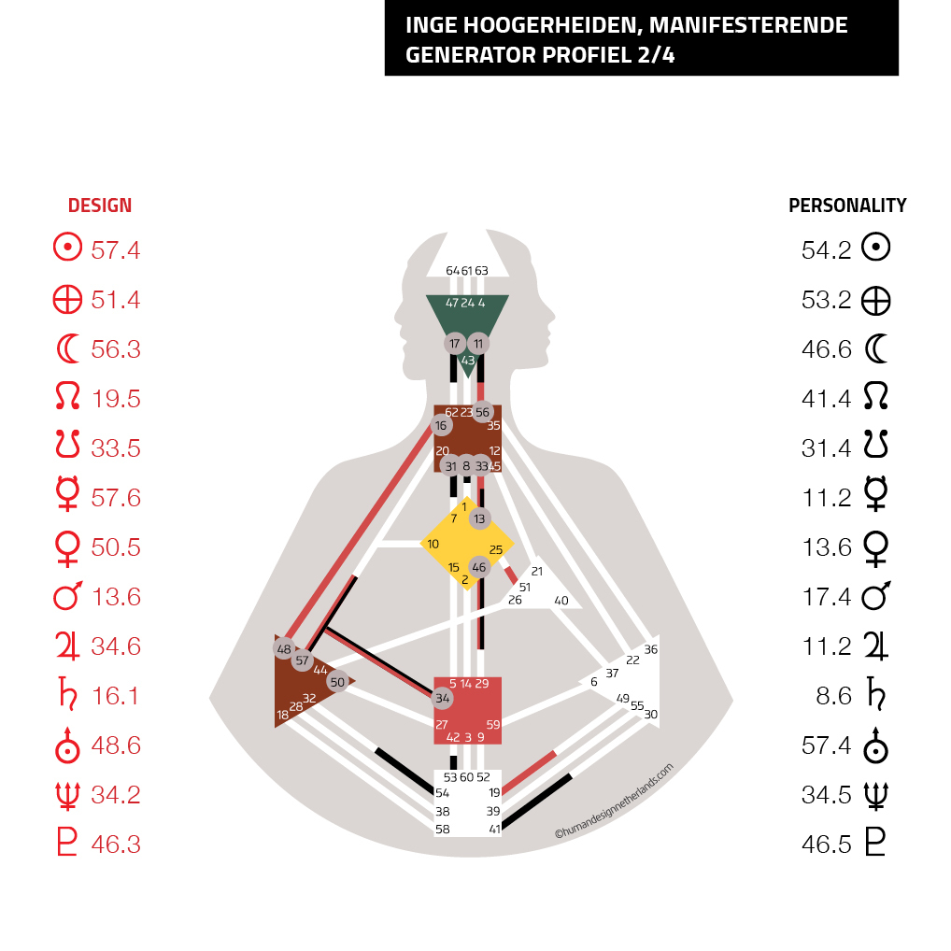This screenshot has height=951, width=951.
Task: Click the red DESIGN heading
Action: (x=99, y=206)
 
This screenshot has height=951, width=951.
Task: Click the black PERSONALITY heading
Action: (x=847, y=206)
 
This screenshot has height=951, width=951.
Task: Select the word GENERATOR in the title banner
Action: (x=471, y=55)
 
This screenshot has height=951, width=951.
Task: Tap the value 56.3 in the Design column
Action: (x=115, y=349)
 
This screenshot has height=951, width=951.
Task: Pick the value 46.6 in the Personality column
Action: (x=826, y=349)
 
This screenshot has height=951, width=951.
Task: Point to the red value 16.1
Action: (x=115, y=696)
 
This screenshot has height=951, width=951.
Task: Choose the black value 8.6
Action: (x=833, y=696)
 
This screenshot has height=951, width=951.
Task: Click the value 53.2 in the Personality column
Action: (x=826, y=300)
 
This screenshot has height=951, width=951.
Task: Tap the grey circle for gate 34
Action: (x=443, y=698)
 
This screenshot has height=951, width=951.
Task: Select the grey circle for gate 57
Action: (x=302, y=660)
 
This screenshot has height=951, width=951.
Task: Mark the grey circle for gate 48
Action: (x=284, y=649)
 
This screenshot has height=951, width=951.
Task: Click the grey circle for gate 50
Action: (x=337, y=682)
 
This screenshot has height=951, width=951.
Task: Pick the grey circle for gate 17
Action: (x=454, y=344)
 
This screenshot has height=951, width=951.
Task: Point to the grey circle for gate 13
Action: (x=480, y=518)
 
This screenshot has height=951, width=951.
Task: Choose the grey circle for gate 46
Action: (x=479, y=567)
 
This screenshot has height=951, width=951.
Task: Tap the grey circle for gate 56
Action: (x=482, y=412)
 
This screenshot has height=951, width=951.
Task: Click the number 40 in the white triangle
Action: (x=561, y=601)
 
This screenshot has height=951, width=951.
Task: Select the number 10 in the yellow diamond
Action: (x=433, y=544)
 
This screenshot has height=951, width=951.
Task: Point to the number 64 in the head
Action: (x=452, y=271)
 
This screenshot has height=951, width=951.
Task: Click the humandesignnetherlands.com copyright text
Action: (x=614, y=801)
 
